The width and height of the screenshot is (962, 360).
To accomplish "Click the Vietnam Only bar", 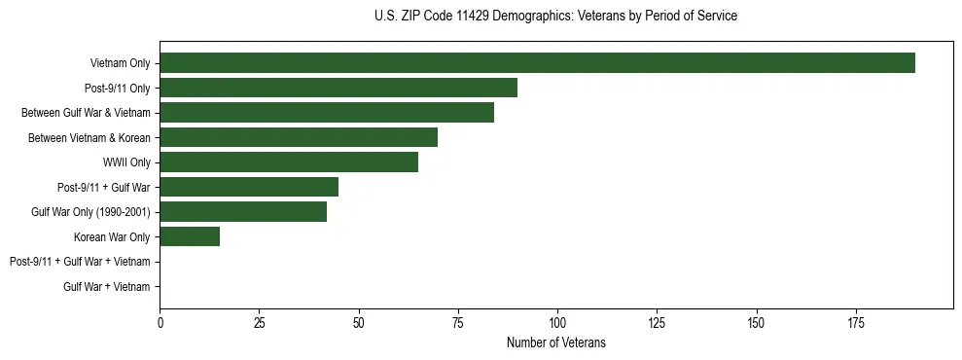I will [x=537, y=63].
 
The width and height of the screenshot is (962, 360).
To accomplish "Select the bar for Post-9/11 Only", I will [x=338, y=88].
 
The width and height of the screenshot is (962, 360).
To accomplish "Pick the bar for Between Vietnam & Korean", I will [x=299, y=137].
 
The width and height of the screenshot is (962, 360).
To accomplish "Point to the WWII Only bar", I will [x=289, y=162].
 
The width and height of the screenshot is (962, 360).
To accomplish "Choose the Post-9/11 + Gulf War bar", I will [x=249, y=187].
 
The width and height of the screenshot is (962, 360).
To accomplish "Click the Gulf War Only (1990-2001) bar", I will [x=243, y=212].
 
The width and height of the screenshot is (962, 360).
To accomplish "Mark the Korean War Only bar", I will [x=190, y=236].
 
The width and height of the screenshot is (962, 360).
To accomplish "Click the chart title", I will [x=555, y=17].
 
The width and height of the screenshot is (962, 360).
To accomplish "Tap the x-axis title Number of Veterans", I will [x=555, y=342].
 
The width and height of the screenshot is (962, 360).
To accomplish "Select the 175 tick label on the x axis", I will [x=756, y=321].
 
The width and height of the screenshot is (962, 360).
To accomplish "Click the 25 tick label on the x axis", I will [x=259, y=321].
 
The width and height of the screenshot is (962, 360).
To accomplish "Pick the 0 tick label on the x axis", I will [x=160, y=321].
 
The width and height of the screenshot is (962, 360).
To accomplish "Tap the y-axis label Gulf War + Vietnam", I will [x=107, y=287].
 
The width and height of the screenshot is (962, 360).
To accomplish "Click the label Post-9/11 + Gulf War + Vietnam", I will [x=80, y=262].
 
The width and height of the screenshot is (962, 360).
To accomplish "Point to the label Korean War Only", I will [x=112, y=237].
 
